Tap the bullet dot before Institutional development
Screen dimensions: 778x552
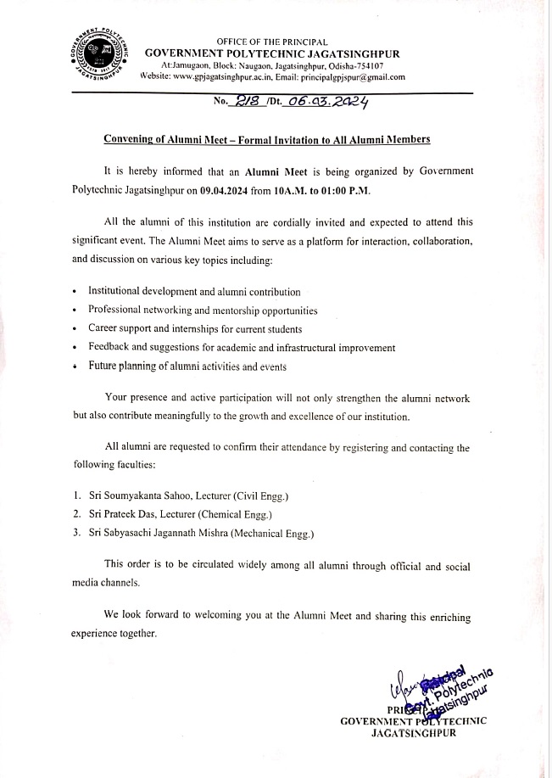click(x=75, y=293)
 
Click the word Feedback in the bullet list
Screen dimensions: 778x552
click(x=110, y=347)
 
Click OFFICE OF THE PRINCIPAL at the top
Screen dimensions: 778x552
click(x=271, y=41)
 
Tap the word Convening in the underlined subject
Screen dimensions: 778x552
click(x=132, y=138)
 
